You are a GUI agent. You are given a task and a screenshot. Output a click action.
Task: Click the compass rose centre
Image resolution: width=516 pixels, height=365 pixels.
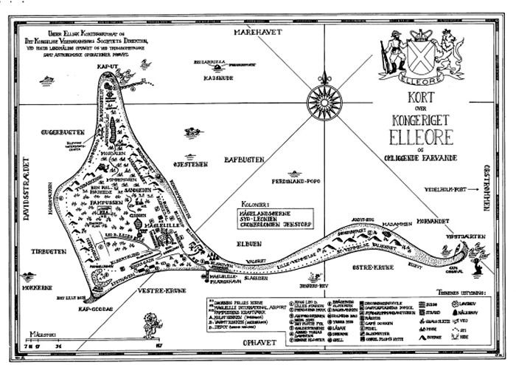tap(324, 96)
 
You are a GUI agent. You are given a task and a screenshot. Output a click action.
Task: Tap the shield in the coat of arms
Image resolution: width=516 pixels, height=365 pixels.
tap(418, 54)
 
